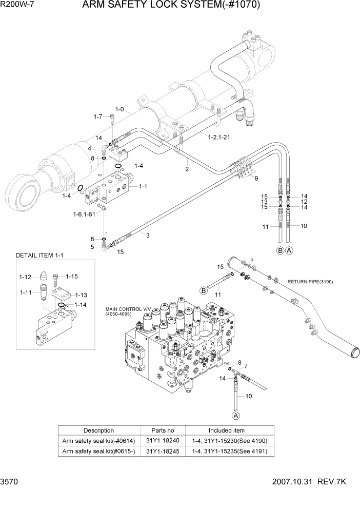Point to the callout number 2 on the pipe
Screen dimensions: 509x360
(187, 169)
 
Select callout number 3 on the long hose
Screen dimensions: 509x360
(148, 236)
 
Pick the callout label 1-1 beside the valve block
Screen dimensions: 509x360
(143, 187)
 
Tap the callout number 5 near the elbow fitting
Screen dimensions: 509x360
(92, 247)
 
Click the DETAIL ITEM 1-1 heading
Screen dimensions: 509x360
(40, 255)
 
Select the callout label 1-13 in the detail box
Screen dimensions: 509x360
(81, 295)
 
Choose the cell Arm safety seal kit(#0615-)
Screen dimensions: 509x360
(98, 452)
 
